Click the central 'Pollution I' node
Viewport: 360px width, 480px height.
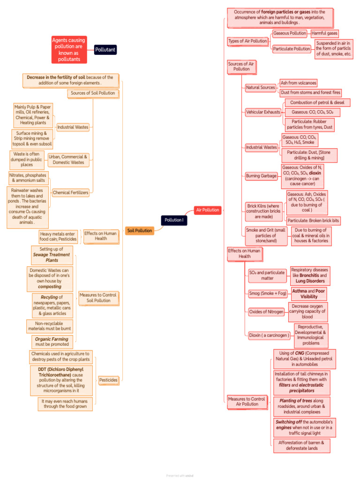click(x=174, y=220)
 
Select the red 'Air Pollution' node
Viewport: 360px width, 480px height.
click(x=208, y=210)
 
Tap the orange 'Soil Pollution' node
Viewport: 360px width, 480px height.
click(x=139, y=231)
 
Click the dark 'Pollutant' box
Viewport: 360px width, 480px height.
click(x=105, y=50)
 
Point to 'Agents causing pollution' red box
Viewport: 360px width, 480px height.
click(x=69, y=50)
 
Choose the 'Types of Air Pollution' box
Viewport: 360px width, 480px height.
click(x=247, y=41)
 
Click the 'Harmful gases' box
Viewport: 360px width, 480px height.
click(x=324, y=34)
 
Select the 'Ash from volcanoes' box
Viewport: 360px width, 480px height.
click(x=298, y=83)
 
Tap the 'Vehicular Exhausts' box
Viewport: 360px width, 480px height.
click(x=263, y=112)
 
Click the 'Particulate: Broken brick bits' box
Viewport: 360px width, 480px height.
click(x=313, y=220)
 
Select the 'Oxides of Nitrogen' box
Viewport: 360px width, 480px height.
click(x=266, y=312)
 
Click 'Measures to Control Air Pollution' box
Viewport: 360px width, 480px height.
click(x=247, y=401)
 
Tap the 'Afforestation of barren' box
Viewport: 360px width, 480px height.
click(x=301, y=445)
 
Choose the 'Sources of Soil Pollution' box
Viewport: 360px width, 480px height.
click(x=93, y=93)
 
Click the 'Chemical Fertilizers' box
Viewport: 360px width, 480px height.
click(x=70, y=193)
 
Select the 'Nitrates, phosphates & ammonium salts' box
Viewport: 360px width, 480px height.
click(x=29, y=178)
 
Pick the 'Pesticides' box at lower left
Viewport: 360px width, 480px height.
click(x=108, y=380)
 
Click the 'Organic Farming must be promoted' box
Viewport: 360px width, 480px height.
click(x=52, y=342)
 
